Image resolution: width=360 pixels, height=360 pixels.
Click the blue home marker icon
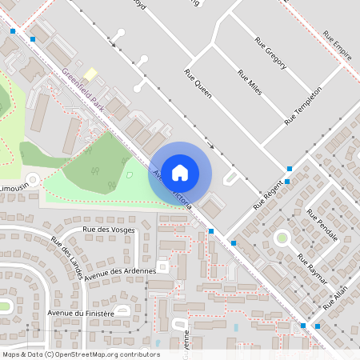(x=180, y=171)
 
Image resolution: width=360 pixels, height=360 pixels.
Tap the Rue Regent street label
(x=270, y=194)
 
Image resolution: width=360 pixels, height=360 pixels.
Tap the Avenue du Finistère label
(x=81, y=314)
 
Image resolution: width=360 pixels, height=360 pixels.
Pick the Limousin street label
(x=14, y=186)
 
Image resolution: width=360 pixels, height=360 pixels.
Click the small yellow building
(x=90, y=74)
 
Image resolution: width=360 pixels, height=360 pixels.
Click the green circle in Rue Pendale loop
(x=282, y=237)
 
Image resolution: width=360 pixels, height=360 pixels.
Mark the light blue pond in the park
(x=130, y=174)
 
